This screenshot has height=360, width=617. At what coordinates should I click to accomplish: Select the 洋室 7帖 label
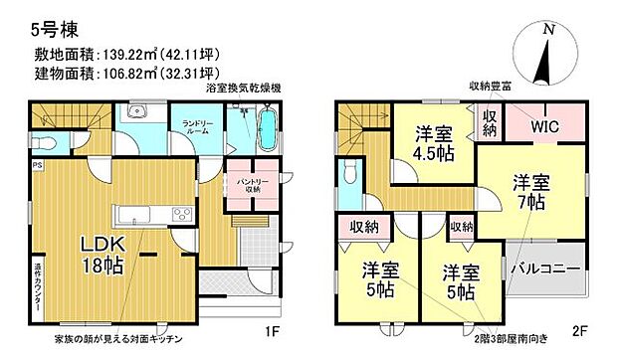coord(529,193)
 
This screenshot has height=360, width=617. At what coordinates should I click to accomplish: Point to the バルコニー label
coord(541,269)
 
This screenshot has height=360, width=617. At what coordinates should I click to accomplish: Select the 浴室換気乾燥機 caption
coord(242,90)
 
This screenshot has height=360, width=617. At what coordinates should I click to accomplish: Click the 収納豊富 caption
coord(491,88)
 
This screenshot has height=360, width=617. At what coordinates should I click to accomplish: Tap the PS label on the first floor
coord(37,165)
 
